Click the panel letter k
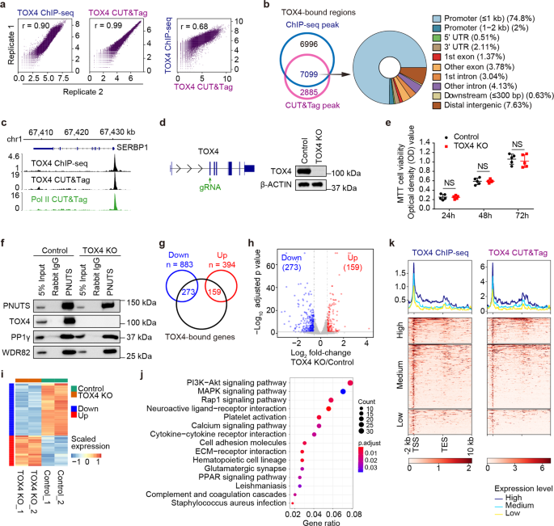393,242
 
